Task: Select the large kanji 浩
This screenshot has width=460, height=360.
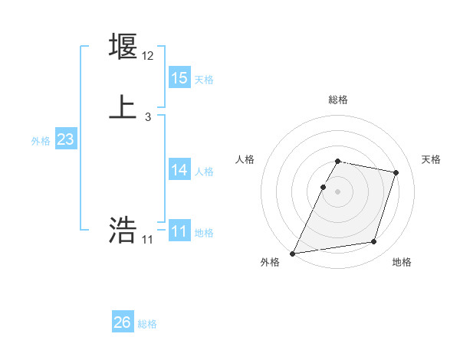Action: click(123, 230)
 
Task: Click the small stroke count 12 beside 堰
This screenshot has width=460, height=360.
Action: click(148, 56)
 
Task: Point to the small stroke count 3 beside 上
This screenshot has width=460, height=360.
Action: click(148, 117)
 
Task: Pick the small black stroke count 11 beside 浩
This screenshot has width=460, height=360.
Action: click(148, 240)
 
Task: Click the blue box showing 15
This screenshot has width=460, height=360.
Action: click(179, 78)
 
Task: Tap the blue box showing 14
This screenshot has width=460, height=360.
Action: click(179, 170)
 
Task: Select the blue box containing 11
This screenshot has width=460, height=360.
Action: click(179, 231)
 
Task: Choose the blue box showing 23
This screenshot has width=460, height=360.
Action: click(66, 139)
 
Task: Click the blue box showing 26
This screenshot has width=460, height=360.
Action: click(123, 322)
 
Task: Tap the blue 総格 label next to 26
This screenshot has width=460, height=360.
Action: click(147, 324)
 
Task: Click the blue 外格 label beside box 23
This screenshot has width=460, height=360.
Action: click(41, 141)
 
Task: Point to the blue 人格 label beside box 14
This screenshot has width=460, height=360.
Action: click(204, 172)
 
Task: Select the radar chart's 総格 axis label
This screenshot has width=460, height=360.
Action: click(338, 100)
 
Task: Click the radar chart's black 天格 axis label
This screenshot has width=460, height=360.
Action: click(432, 159)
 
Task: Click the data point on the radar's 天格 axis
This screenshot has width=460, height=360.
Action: click(396, 173)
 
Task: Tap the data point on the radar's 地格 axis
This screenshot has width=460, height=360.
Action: click(373, 242)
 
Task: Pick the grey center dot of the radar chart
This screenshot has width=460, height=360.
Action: click(338, 191)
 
